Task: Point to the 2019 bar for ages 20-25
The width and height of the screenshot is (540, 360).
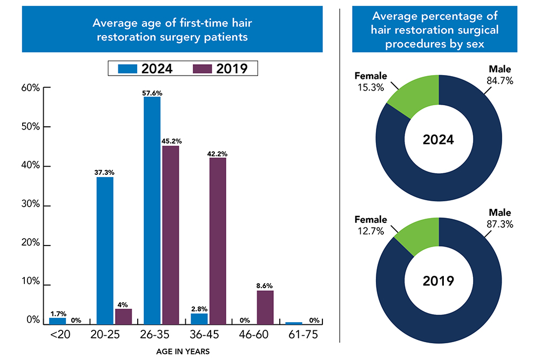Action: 123,316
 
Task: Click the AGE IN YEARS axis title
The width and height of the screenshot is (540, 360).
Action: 183,351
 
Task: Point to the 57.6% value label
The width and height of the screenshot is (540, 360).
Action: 152,93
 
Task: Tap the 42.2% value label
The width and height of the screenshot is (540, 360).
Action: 217,154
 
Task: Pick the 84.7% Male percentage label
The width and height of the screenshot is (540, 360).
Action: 500,81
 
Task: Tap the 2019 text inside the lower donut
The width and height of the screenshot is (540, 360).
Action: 438,281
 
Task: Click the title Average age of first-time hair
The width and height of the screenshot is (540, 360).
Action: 172,23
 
